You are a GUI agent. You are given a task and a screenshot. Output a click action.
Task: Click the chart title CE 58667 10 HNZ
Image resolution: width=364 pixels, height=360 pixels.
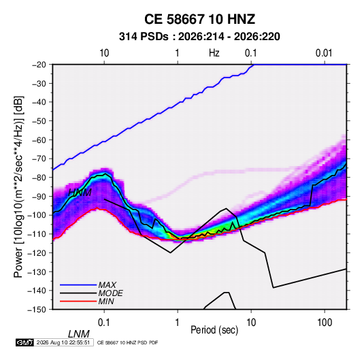[199, 19]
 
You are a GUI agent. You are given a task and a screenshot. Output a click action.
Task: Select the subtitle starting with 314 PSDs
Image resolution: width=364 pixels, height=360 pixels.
[199, 37]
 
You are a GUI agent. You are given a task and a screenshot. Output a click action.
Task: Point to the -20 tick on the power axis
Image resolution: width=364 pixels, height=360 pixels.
[39, 65]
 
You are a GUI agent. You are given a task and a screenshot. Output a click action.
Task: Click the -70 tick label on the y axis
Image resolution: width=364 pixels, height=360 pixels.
[39, 159]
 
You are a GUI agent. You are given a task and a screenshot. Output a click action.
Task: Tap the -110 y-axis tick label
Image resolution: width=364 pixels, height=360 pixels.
[37, 234]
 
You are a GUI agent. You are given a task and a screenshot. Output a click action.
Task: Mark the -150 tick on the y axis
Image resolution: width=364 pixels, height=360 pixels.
[37, 310]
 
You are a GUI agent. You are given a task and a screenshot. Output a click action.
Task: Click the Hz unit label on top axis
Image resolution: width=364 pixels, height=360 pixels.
[214, 53]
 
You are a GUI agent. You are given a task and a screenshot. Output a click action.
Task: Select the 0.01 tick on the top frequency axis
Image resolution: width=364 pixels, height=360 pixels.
[324, 53]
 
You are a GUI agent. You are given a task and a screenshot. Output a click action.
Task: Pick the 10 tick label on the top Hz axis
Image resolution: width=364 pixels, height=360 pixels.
[104, 53]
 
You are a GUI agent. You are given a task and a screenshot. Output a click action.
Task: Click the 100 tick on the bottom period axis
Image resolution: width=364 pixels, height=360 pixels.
[325, 323]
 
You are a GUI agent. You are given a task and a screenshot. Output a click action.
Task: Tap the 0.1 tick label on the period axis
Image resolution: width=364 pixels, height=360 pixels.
[104, 323]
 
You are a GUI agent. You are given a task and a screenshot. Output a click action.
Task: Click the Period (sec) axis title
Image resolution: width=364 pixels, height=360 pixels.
[214, 330]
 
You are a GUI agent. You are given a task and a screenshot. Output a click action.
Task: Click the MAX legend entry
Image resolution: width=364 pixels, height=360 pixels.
[107, 285]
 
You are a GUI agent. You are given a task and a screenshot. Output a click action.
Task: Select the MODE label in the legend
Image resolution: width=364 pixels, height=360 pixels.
[110, 293]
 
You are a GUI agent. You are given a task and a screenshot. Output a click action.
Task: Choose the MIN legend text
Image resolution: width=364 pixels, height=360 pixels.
[106, 301]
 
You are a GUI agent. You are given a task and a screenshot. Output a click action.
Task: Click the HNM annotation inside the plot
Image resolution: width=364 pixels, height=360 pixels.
[80, 193]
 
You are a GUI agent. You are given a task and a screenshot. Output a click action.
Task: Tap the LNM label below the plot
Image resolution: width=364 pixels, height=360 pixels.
[79, 334]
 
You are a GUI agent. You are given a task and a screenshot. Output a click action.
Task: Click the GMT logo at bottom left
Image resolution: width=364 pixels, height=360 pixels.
[24, 342]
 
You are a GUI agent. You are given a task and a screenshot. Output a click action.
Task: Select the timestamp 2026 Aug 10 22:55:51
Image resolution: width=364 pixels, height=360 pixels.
[63, 342]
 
